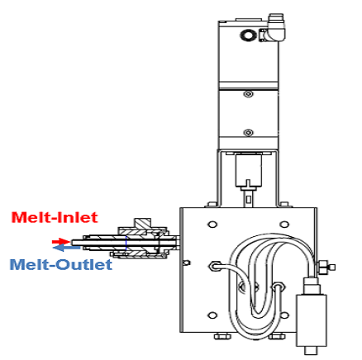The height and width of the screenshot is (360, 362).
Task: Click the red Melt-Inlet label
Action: (x=55, y=217)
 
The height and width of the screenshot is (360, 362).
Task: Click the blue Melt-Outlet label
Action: (x=61, y=265)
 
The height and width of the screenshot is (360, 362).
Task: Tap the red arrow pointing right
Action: (x=61, y=242)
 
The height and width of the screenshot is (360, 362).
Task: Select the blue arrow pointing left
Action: (x=66, y=248)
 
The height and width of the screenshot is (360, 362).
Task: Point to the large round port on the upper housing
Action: (x=247, y=35)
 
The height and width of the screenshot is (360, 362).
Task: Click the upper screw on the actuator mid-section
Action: (x=249, y=94)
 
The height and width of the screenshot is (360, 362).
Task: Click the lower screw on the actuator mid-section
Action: (x=249, y=133)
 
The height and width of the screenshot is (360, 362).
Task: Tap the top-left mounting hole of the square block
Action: (x=212, y=225)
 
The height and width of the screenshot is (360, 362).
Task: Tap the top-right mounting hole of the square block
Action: (x=284, y=225)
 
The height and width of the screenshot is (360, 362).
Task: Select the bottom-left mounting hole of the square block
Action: (x=212, y=315)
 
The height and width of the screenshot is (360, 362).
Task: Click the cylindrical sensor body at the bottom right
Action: (x=312, y=320)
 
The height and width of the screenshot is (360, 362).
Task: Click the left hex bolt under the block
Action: (x=222, y=336)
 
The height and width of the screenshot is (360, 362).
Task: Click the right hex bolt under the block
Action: (x=277, y=336)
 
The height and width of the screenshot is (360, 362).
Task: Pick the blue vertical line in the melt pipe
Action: (x=126, y=244)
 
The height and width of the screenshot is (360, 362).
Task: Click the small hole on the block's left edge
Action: (x=187, y=263)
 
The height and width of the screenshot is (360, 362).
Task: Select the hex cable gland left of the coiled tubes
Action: (x=213, y=266)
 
